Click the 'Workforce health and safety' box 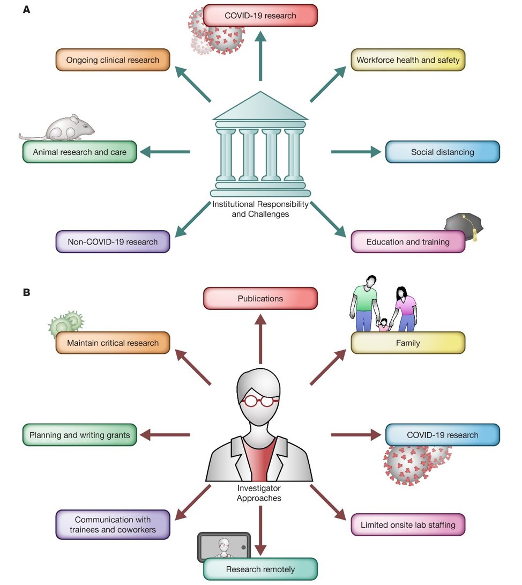[408, 60]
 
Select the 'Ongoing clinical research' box [113, 60]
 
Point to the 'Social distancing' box [442, 152]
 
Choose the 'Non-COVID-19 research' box [113, 242]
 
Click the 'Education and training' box [408, 242]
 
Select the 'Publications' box [260, 298]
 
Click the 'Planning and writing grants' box [80, 435]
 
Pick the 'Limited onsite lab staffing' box [408, 524]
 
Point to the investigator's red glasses [260, 400]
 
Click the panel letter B [26, 293]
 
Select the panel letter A [26, 10]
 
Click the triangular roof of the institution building [260, 107]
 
